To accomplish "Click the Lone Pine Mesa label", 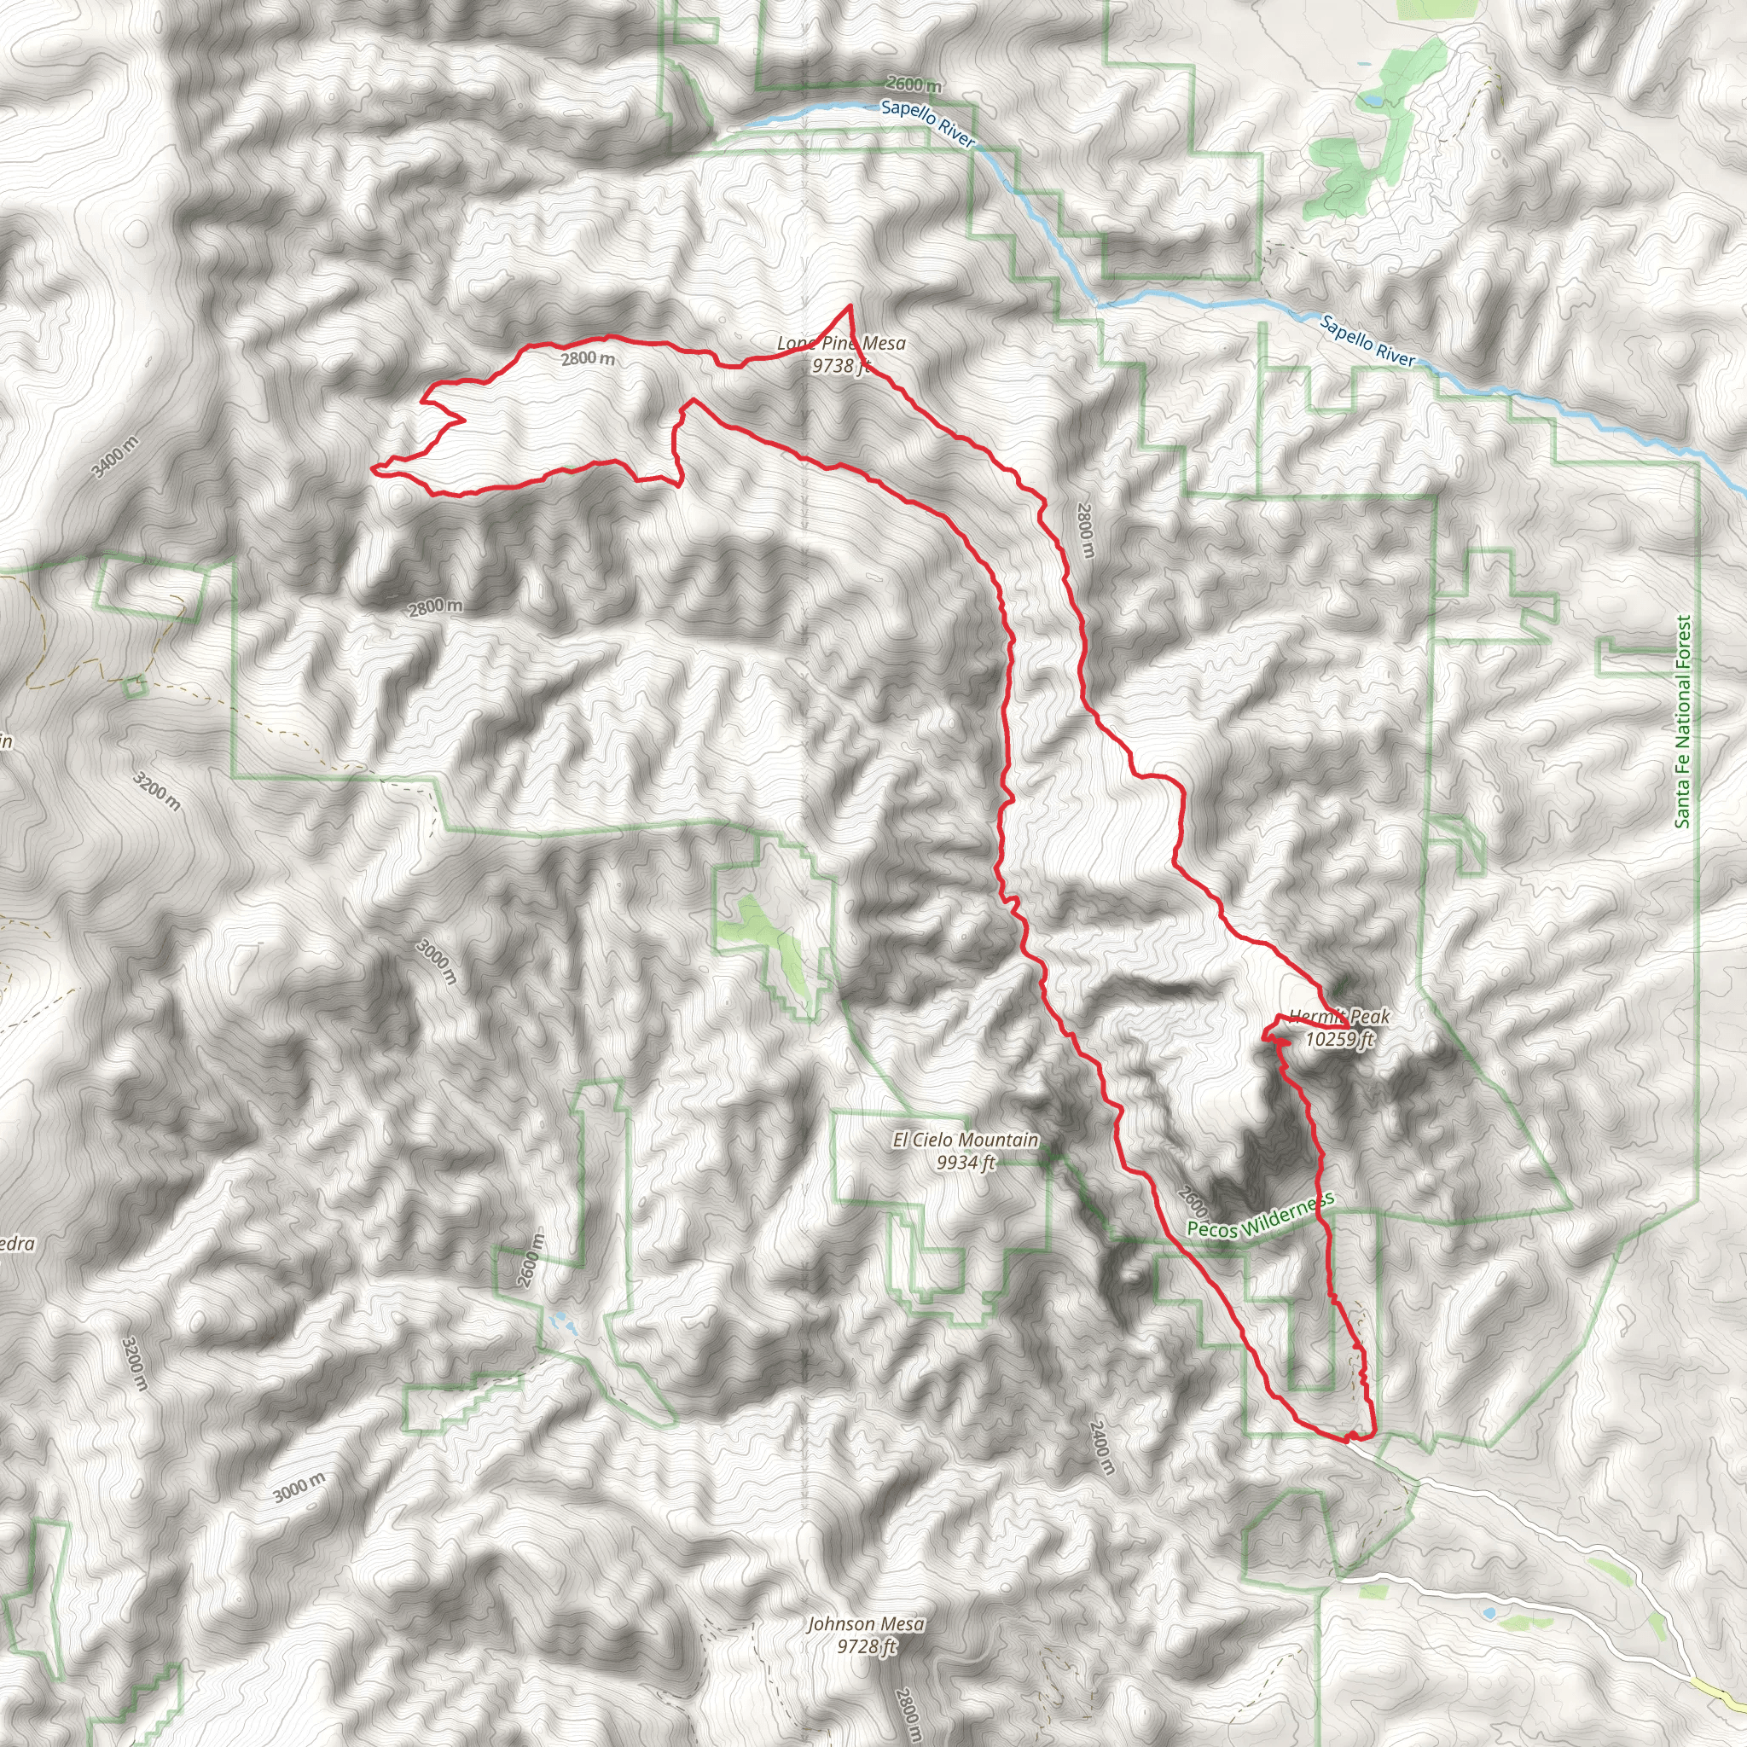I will pos(841,344).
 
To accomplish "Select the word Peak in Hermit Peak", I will pos(1367,1016).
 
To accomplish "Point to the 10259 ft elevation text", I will pos(1339,1039).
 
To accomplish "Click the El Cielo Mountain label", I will pos(965,1140).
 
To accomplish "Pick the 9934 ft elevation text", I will pos(966,1162).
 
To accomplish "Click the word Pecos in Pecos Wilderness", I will pos(1211,1227).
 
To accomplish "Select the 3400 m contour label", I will pos(116,456).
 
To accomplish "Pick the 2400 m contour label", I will pos(1101,1447).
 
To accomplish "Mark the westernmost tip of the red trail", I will pos(373,468).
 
